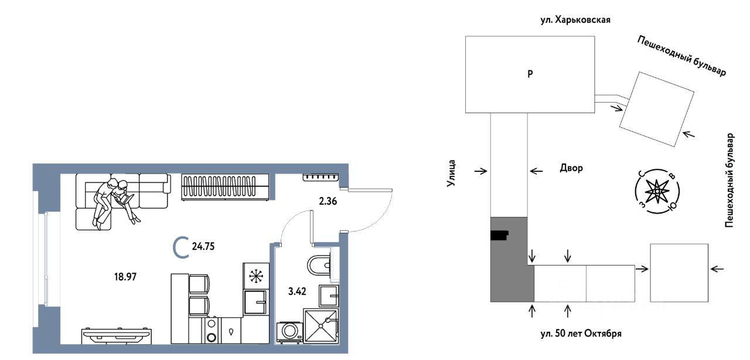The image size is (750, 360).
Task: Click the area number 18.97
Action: click(125, 277)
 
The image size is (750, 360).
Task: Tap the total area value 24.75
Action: click(203, 247)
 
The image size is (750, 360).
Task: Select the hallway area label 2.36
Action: click(328, 202)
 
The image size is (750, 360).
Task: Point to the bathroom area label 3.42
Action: click(297, 291)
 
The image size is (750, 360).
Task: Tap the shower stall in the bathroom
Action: click(321, 326)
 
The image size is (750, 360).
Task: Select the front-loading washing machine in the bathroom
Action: click(290, 332)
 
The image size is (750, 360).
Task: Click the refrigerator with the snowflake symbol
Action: click(256, 276)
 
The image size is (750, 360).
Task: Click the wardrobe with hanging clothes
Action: click(225, 187)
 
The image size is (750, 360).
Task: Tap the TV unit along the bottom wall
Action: click(117, 336)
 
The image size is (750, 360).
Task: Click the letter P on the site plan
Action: click(530, 74)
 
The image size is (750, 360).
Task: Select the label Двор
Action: click(571, 168)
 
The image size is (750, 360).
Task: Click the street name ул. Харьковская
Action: click(575, 20)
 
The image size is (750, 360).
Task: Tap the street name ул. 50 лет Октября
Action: click(581, 334)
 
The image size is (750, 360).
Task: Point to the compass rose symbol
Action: click(657, 191)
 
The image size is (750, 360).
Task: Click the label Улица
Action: click(452, 173)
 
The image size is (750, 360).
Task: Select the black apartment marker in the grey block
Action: click(500, 235)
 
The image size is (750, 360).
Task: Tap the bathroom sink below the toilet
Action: click(329, 296)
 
